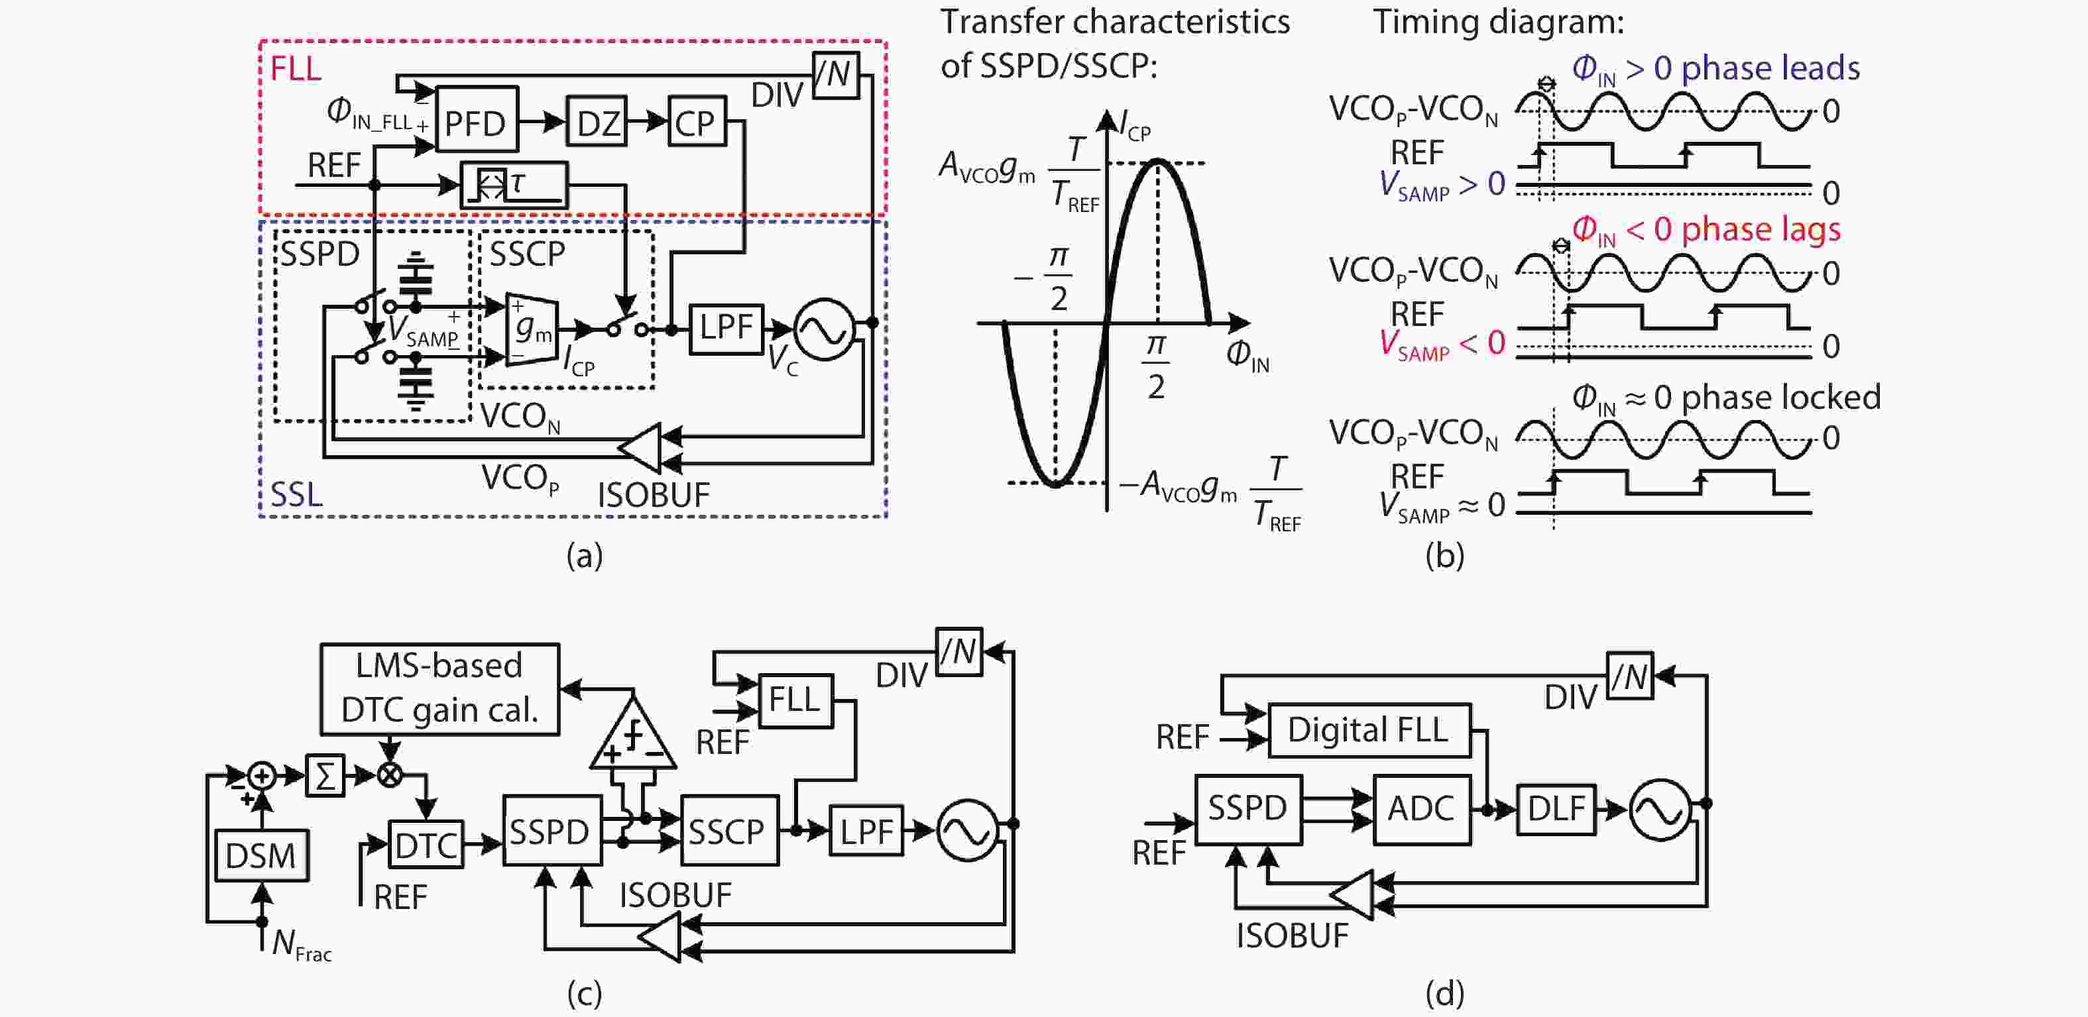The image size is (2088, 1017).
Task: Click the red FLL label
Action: [295, 69]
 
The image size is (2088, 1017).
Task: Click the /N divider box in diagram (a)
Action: [835, 75]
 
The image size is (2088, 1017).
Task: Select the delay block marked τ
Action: [514, 185]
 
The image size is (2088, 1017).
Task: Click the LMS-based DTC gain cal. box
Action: [439, 689]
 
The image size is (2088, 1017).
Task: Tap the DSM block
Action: [261, 855]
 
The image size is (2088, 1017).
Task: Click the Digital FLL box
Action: [1368, 730]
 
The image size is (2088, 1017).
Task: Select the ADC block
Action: [1421, 809]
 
